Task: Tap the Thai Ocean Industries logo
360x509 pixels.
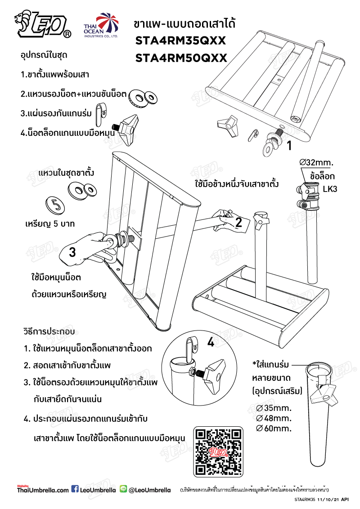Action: click(100, 26)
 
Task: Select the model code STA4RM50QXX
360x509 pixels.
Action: click(180, 58)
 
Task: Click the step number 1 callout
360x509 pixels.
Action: click(290, 145)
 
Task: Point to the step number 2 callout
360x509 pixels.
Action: click(239, 222)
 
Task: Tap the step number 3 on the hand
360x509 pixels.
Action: click(72, 252)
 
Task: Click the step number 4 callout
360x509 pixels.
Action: click(211, 343)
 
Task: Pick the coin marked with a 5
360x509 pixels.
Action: click(56, 205)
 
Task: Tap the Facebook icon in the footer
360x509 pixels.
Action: click(75, 489)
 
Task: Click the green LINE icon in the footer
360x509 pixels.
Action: click(124, 489)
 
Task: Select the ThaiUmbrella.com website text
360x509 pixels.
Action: click(43, 490)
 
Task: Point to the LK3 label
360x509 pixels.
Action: click(330, 189)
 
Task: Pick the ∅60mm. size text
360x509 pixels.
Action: click(274, 428)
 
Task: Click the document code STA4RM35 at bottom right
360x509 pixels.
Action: click(305, 499)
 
